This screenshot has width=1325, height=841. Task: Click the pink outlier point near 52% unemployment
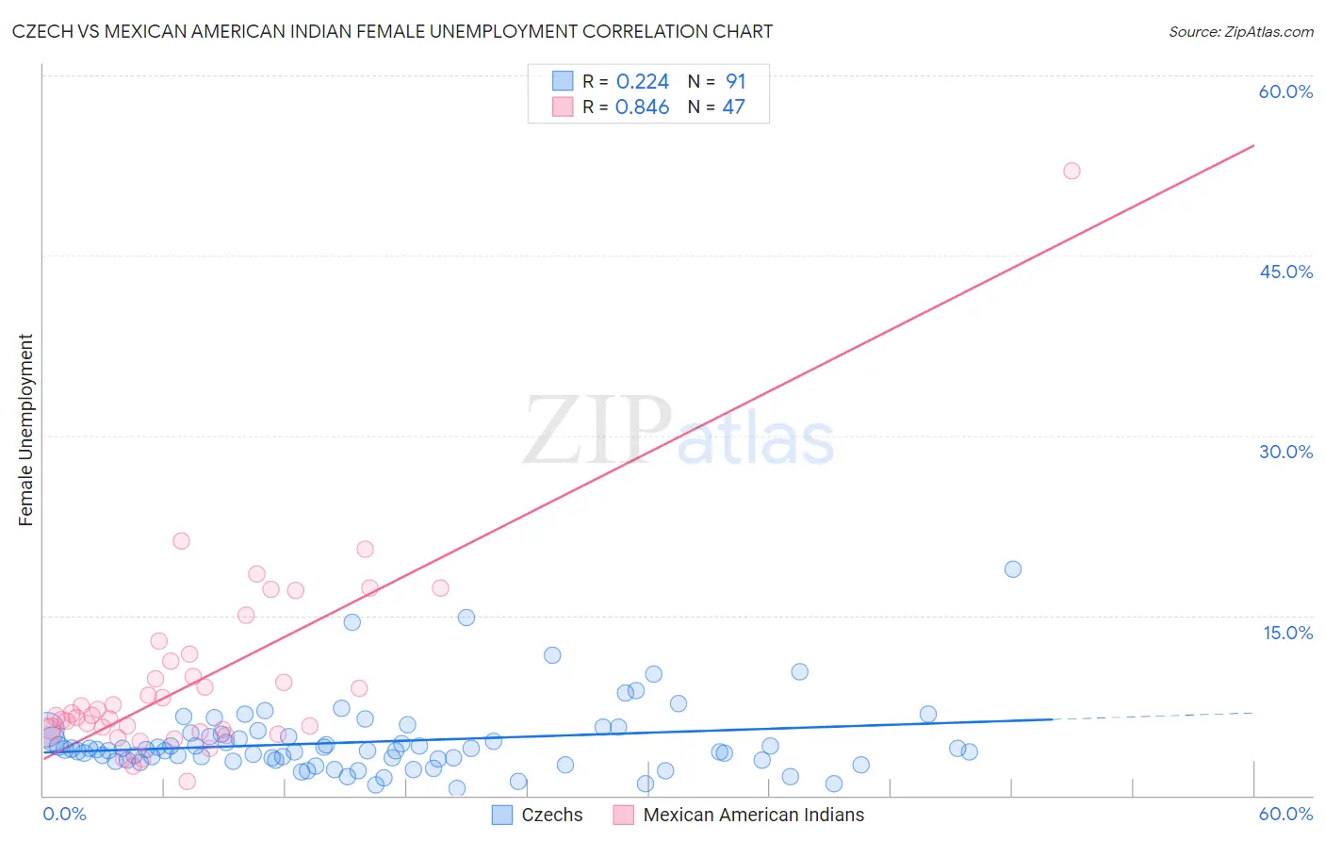point(1071,171)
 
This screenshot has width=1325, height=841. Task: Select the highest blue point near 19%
point(1013,569)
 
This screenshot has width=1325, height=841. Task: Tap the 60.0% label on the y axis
point(1285,91)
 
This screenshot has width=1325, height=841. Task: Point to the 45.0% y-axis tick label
point(1285,272)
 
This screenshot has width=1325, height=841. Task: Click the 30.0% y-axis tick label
point(1285,452)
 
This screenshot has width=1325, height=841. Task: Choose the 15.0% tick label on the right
point(1287,633)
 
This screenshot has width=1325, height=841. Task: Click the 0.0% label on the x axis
point(64,814)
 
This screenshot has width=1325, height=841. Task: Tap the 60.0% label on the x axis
point(1285,814)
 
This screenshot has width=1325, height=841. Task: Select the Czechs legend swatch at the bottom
point(502,815)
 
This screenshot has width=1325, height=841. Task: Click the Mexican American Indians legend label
point(753,815)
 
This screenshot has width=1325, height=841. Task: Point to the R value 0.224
point(642,82)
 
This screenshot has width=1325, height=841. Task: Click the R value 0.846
point(642,107)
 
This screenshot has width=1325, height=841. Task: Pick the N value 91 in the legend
point(735,82)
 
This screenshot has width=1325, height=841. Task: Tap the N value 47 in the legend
point(733,107)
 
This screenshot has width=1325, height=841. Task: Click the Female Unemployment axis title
point(25,430)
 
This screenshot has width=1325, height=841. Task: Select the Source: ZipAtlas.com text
point(1240,32)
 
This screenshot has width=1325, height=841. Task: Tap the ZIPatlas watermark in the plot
point(679,432)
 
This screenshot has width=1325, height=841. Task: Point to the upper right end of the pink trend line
point(1251,147)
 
